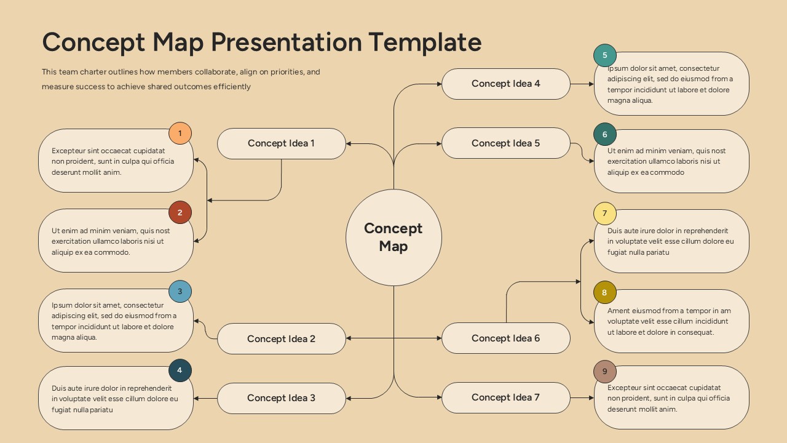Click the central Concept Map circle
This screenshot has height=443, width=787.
393,237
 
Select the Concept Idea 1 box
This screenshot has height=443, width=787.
281,143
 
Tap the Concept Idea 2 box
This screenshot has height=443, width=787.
281,338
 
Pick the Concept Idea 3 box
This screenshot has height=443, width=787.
281,397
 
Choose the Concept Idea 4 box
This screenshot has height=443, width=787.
505,84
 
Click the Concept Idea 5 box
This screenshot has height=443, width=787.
505,143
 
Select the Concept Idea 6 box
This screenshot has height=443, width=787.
505,338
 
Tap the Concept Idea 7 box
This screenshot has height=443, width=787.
505,397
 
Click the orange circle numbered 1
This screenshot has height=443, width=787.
180,134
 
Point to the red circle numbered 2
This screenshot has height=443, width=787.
180,213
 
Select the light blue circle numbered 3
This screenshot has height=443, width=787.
180,292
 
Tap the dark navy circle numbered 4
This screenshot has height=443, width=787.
180,370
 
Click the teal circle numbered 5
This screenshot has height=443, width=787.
605,55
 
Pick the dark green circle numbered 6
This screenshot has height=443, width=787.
605,135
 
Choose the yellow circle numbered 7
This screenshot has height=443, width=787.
605,214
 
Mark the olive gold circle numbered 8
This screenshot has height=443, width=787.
604,293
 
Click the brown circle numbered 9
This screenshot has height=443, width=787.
605,372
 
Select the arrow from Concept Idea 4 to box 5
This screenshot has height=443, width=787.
582,84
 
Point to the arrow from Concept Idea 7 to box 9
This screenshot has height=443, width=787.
582,397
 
